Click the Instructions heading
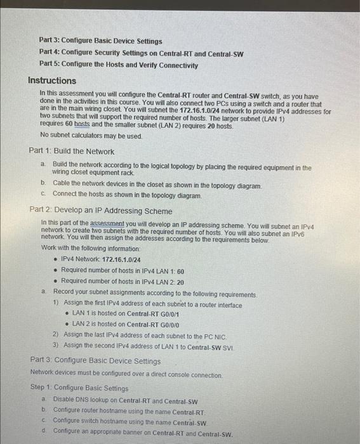[x=52, y=81]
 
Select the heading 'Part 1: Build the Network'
[x=72, y=152]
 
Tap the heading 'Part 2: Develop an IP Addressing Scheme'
[x=100, y=210]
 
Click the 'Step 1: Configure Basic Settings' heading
[x=79, y=388]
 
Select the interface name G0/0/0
[x=170, y=324]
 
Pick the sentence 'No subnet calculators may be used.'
[x=91, y=136]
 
